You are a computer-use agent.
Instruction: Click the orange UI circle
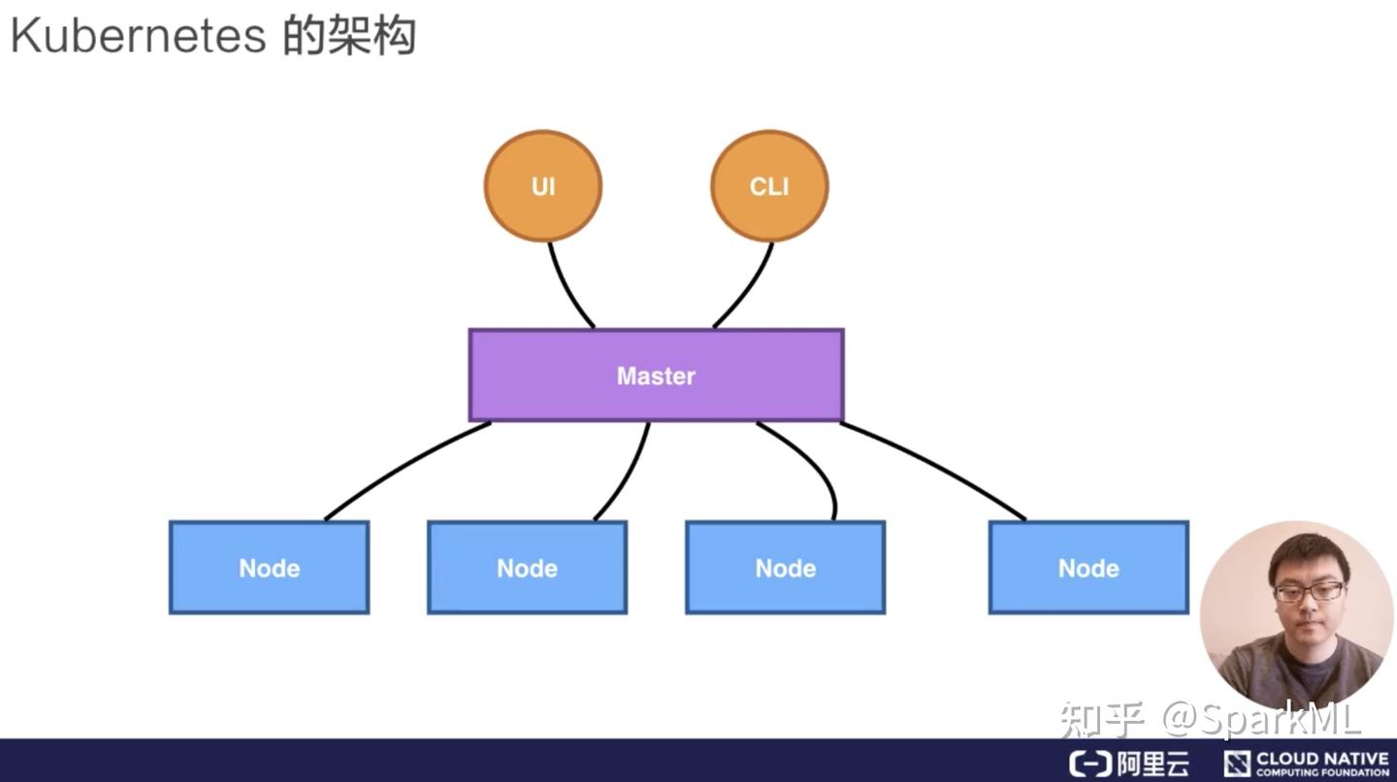[542, 186]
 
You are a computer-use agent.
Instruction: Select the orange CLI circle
[769, 186]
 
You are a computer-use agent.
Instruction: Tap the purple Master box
[656, 375]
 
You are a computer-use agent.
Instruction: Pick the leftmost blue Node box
[269, 568]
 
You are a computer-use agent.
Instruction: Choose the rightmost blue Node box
[1088, 568]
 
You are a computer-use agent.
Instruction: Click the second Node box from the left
[527, 568]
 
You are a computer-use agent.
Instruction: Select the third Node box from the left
[785, 568]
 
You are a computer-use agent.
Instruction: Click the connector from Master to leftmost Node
[403, 468]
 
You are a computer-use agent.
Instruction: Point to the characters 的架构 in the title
[349, 36]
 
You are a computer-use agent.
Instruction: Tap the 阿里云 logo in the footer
[1129, 764]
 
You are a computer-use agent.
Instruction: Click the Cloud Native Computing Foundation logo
[1306, 764]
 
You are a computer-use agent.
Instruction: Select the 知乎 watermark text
[1102, 719]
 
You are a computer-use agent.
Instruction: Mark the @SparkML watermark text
[1261, 719]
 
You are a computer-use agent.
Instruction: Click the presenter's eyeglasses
[1309, 591]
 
